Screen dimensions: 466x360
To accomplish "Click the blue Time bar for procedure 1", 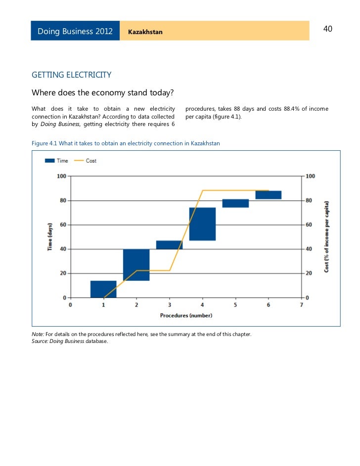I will tap(103, 289).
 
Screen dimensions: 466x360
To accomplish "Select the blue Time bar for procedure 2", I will tap(136, 265).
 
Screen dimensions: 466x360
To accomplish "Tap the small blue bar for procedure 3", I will tap(169, 245).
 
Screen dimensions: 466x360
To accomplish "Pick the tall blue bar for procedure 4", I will tap(202, 224).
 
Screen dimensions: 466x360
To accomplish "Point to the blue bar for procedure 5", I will tap(235, 203).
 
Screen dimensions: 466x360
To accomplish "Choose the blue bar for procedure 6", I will tap(268, 195).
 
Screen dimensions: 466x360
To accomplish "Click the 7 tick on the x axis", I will tap(301, 305).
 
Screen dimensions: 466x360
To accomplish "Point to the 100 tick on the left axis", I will tap(61, 176).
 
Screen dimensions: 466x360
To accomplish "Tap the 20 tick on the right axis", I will tap(310, 273).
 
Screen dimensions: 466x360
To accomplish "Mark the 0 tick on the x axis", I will tap(71, 305).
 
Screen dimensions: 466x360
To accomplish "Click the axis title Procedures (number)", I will tap(186, 315).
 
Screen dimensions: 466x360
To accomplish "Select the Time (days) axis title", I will tap(49, 236).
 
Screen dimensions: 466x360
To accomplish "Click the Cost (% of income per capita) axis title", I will tap(327, 236).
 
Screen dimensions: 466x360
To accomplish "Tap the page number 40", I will tap(327, 29).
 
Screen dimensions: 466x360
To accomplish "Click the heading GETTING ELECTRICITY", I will tap(71, 75).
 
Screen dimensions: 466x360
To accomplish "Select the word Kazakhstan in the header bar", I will tap(145, 32).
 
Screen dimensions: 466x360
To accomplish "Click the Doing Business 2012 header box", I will tap(75, 32).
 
